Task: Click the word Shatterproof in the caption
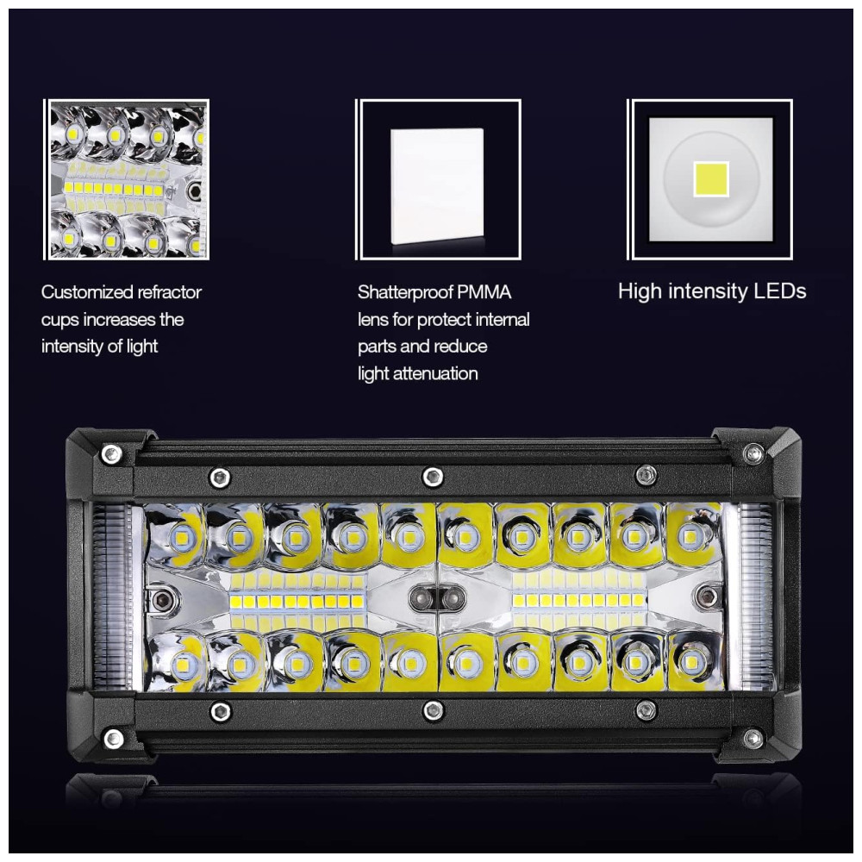pos(405,292)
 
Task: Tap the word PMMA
pos(484,292)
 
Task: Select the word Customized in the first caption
pos(87,292)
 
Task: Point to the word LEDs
pos(779,290)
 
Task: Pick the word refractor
pos(169,292)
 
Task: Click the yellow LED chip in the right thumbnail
pos(711,178)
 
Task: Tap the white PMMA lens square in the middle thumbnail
pos(437,186)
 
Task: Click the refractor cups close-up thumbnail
pos(126,179)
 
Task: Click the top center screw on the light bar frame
pos(432,476)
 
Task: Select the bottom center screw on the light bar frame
pos(433,710)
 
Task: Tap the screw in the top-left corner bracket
pos(111,454)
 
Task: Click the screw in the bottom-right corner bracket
pos(752,739)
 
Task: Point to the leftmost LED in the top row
pos(179,535)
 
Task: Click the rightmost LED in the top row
pos(690,534)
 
